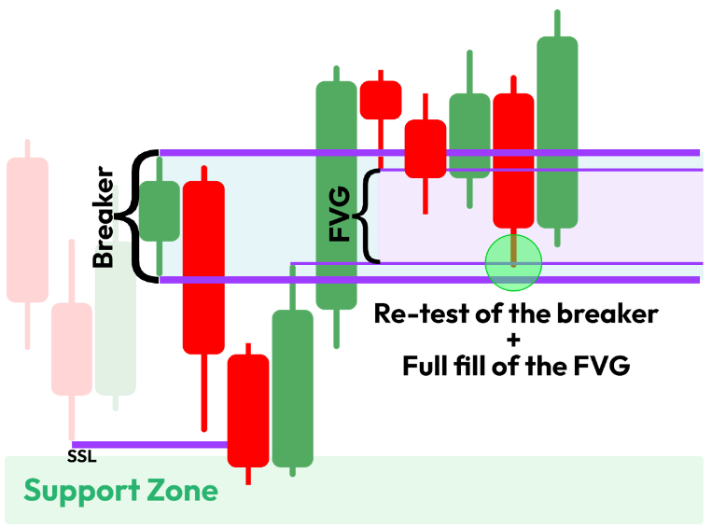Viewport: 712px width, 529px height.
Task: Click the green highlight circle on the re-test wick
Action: [513, 261]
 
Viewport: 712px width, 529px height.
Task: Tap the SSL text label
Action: [81, 457]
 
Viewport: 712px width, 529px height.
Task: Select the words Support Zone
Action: [120, 491]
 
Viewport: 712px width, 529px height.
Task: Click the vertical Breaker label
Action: [105, 217]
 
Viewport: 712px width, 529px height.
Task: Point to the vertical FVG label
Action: [341, 214]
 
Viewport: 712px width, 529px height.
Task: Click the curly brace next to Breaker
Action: [143, 215]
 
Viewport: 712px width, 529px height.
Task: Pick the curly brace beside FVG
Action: [370, 216]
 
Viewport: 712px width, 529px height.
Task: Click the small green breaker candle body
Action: [160, 211]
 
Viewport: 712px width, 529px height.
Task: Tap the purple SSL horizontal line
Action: [149, 445]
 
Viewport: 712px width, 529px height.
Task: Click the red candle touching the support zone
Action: [248, 410]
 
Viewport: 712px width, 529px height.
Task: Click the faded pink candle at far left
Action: [27, 230]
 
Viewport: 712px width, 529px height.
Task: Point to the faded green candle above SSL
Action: [116, 327]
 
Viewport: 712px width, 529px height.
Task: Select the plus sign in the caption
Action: [515, 340]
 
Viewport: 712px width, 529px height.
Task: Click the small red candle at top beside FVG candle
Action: [380, 99]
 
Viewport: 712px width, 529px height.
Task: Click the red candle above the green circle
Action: [513, 159]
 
